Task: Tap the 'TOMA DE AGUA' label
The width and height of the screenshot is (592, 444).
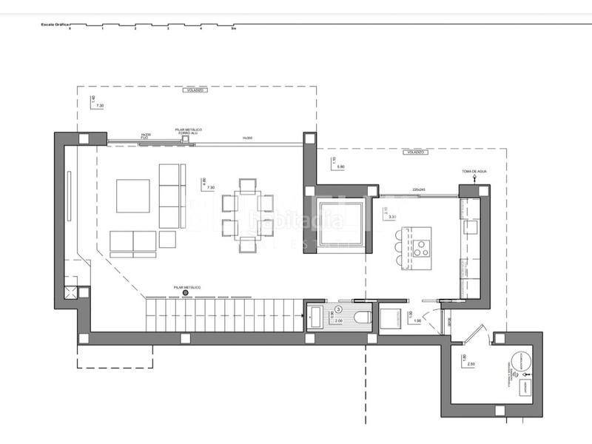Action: click(473, 172)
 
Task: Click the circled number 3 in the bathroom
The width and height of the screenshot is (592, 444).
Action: click(339, 309)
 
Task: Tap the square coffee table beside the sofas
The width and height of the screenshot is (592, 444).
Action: click(134, 196)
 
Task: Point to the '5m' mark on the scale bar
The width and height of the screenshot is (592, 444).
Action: click(233, 30)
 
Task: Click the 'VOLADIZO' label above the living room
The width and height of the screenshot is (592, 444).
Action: click(195, 90)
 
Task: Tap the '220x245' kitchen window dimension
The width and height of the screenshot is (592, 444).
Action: click(420, 189)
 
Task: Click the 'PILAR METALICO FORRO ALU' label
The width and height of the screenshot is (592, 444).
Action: click(189, 132)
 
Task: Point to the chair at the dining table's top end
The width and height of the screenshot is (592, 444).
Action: click(248, 184)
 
